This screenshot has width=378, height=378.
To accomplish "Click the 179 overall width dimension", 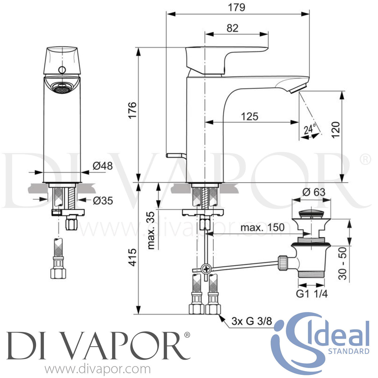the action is click(x=236, y=7).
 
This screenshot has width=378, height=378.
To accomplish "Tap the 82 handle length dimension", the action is click(x=232, y=28).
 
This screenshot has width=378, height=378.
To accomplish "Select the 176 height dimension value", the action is click(x=132, y=110).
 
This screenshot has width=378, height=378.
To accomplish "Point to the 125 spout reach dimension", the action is click(x=250, y=116).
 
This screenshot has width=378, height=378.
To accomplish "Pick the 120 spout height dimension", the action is click(x=335, y=130).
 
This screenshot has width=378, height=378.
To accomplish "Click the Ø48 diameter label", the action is click(x=103, y=166).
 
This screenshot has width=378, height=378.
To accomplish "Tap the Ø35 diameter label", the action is click(x=103, y=201).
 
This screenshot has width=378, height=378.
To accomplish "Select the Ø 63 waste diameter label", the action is click(x=314, y=192).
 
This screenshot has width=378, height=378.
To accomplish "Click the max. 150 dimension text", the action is click(x=262, y=228).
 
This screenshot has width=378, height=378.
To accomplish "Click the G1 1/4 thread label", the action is click(x=312, y=294).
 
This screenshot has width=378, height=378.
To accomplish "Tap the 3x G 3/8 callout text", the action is click(x=252, y=321).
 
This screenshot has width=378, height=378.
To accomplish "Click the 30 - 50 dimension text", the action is click(x=342, y=263).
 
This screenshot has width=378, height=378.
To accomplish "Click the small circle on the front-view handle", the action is click(x=61, y=70).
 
